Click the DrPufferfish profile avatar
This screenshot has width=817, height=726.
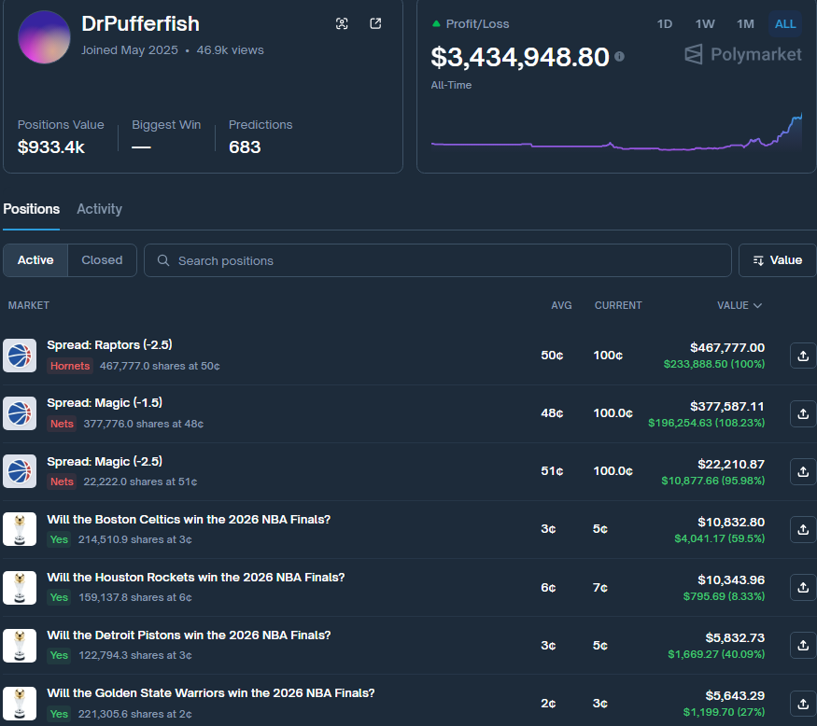(44, 37)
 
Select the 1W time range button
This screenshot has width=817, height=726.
(705, 24)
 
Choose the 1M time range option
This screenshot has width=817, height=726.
(745, 24)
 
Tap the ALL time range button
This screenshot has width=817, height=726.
(785, 24)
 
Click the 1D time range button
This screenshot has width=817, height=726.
(665, 24)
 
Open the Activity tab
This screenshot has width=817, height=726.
(99, 209)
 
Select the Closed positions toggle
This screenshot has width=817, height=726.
(102, 260)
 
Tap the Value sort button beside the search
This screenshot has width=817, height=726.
(777, 260)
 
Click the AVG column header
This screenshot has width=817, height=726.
(561, 305)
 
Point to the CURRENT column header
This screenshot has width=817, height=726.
(618, 305)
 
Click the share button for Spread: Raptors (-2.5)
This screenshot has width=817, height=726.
(803, 356)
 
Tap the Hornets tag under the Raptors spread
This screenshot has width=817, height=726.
(70, 366)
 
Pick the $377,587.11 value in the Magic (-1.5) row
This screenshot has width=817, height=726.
(726, 406)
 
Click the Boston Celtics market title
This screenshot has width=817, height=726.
(189, 520)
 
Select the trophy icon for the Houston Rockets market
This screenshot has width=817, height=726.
(20, 587)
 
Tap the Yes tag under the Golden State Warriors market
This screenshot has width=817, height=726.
(59, 713)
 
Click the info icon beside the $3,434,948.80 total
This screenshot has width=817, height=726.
(619, 57)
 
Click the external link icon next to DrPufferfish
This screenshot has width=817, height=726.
(375, 24)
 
